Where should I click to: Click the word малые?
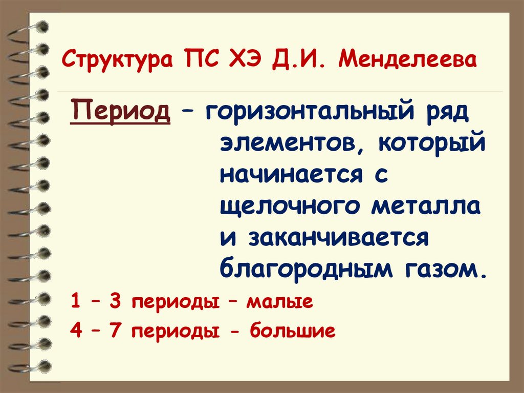click(279, 302)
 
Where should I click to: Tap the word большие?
click(293, 331)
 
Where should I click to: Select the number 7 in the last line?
click(114, 331)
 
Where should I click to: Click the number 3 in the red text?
click(114, 302)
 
